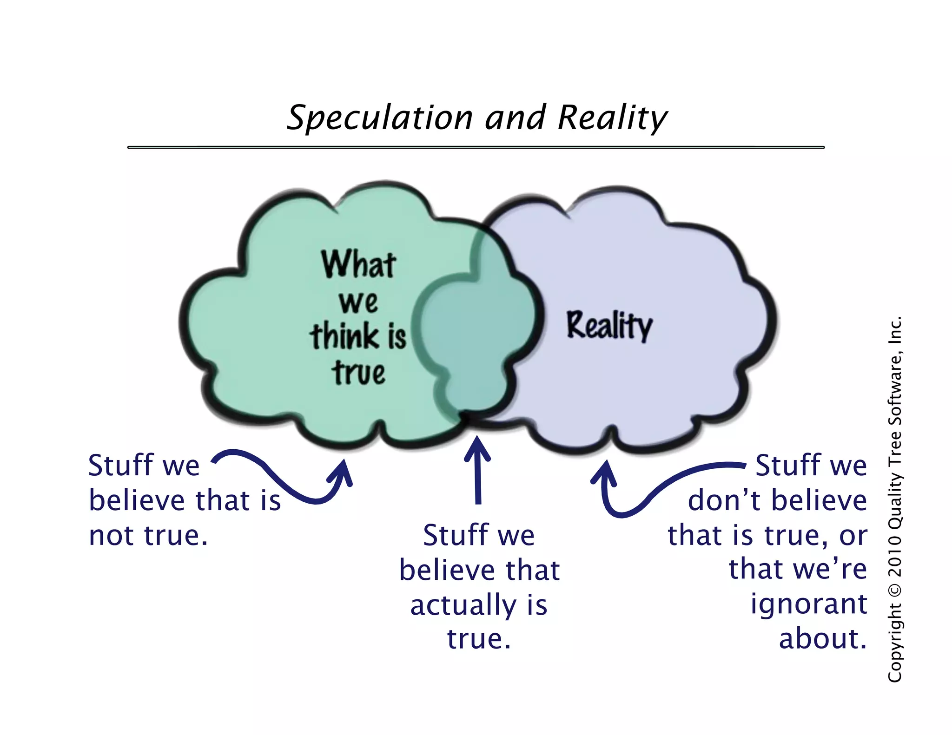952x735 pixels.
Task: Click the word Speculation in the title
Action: point(379,118)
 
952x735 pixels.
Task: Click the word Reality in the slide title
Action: point(612,118)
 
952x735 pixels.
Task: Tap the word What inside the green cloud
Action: point(358,264)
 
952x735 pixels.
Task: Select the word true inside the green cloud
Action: point(358,373)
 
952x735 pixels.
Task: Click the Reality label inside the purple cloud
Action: point(609,326)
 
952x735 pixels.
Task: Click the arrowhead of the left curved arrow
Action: point(343,472)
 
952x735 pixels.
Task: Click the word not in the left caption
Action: point(112,535)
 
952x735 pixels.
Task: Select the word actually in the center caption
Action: point(463,605)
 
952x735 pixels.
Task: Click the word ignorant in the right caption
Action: point(809,604)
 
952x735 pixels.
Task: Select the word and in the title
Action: point(515,118)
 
